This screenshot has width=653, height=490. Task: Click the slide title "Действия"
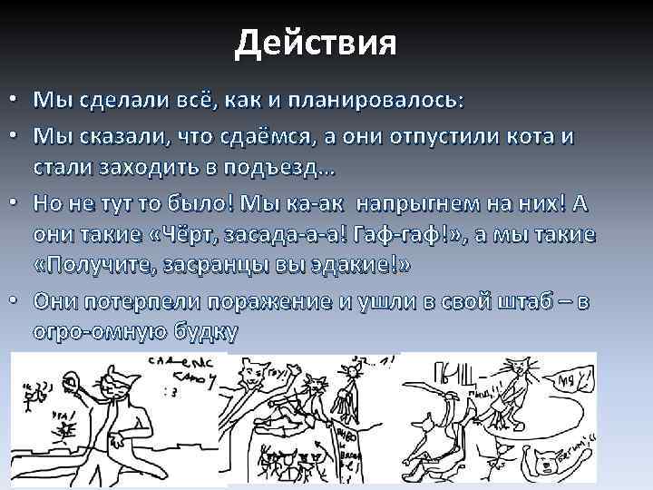pyautogui.click(x=315, y=42)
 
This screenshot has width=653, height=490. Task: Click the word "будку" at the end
pyautogui.click(x=209, y=332)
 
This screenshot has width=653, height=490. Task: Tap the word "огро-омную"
pyautogui.click(x=100, y=332)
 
